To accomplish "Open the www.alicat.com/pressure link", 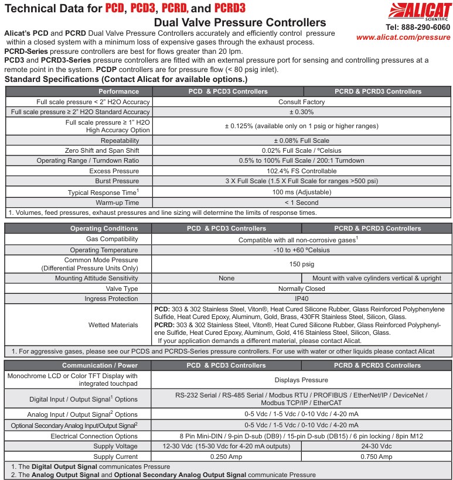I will click(x=403, y=37).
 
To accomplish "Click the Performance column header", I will click(x=118, y=91).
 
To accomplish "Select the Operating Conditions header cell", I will click(x=104, y=228).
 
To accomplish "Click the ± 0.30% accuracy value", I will click(x=301, y=112).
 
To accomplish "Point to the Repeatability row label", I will click(x=120, y=140).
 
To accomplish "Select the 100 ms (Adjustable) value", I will click(x=301, y=192).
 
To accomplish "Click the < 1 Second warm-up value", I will click(x=301, y=203).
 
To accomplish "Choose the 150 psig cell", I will click(x=301, y=264).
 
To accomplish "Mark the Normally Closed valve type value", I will click(x=301, y=289).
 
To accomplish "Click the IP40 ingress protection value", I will click(x=301, y=299).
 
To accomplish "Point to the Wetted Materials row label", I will click(x=113, y=324).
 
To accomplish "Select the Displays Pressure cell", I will click(x=301, y=380).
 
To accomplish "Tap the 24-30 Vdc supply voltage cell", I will click(x=377, y=447).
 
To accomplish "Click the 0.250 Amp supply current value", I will click(x=226, y=457).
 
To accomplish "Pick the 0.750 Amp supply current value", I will click(x=377, y=457).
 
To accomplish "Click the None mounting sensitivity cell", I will click(x=226, y=278).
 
